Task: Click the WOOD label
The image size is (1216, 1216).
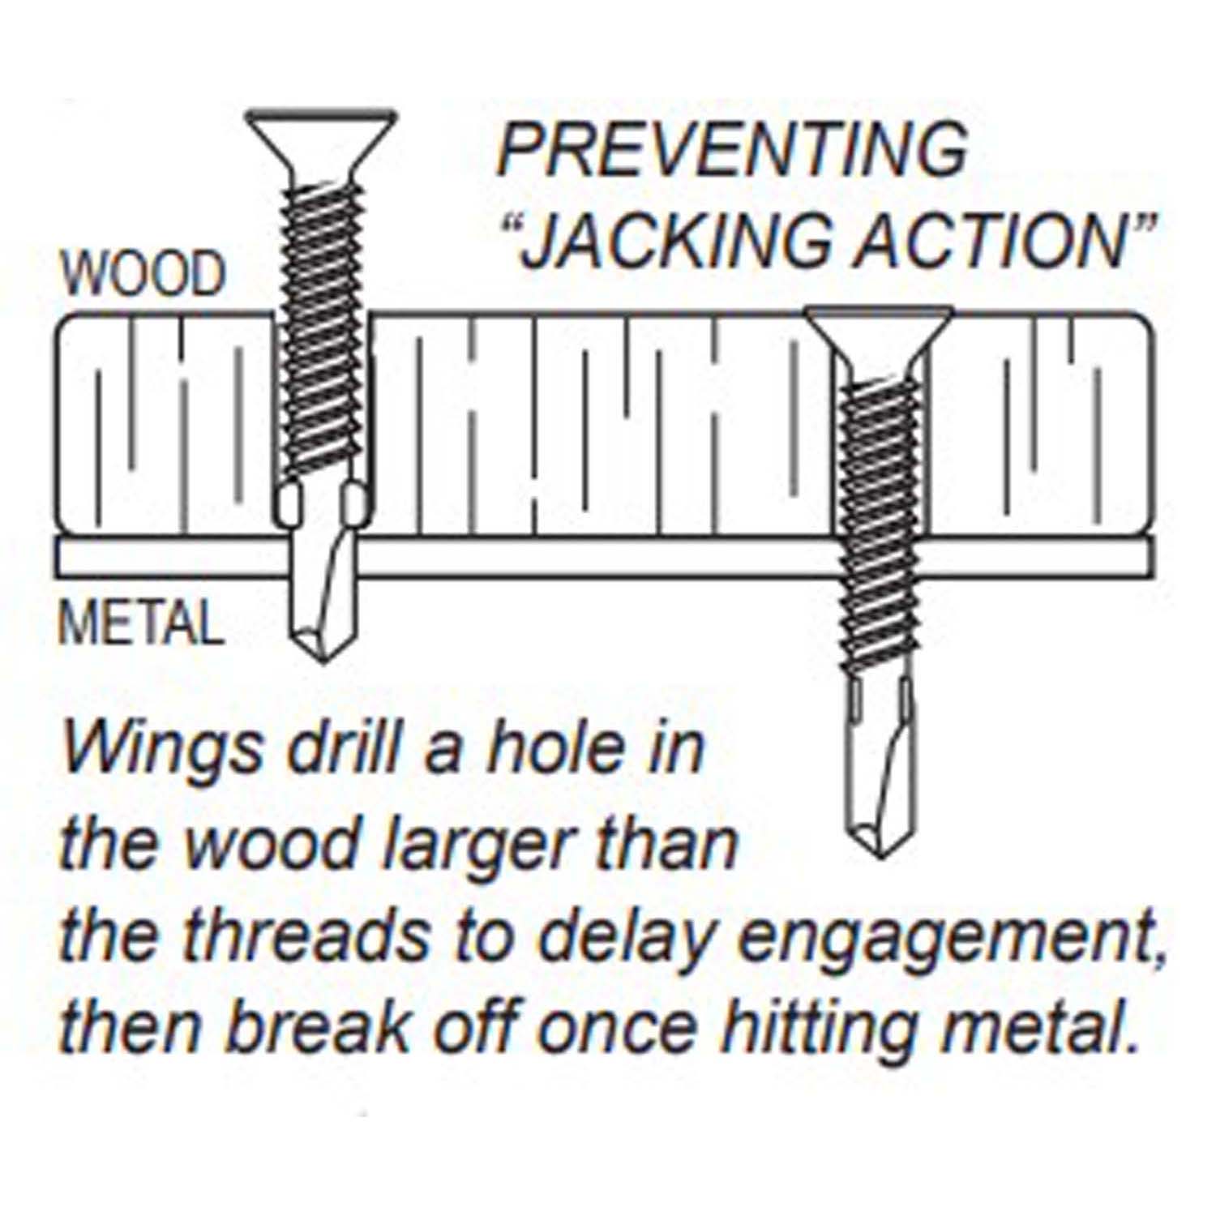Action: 143,274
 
